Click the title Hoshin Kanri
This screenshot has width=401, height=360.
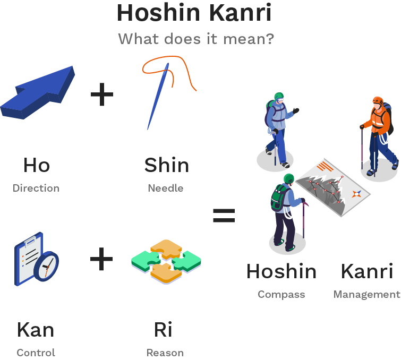click(194, 13)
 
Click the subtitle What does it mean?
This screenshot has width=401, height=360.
click(196, 39)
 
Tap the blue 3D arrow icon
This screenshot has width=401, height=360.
click(38, 92)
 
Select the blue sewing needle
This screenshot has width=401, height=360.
click(158, 96)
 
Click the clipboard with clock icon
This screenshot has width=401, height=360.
click(37, 259)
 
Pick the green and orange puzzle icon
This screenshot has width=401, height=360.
click(166, 262)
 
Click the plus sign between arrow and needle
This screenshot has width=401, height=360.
click(102, 94)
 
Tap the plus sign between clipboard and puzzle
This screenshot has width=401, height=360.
click(101, 259)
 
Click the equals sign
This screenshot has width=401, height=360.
click(224, 215)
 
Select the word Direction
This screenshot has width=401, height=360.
click(36, 188)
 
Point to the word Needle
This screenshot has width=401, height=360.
click(166, 188)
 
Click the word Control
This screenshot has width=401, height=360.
click(36, 353)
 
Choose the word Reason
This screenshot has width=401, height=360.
click(165, 353)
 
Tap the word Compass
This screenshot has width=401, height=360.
click(281, 295)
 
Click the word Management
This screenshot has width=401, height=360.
click(367, 295)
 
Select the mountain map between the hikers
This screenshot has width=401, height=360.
click(332, 187)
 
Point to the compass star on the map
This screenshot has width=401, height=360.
click(356, 194)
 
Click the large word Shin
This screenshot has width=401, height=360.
click(166, 165)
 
